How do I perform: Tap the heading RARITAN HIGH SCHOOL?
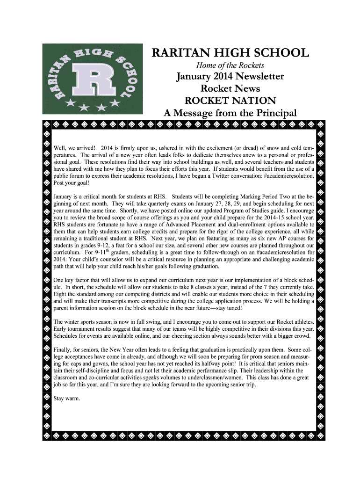[230, 53]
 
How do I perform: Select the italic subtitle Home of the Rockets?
[230, 65]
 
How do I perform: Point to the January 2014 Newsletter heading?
[230, 77]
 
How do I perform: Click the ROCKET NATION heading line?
[230, 101]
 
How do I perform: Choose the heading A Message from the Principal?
[230, 113]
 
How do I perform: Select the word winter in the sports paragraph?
[73, 322]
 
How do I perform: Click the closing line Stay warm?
[67, 399]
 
